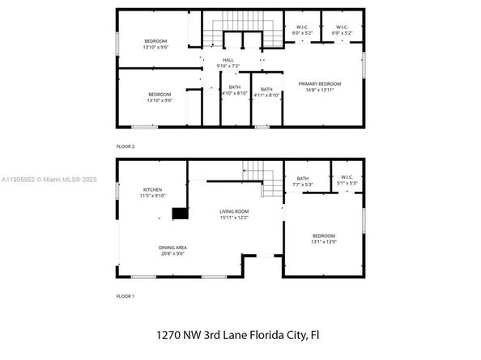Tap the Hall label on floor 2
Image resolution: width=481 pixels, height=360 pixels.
[230, 61]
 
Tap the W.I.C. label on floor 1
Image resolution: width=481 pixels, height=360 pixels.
[347, 180]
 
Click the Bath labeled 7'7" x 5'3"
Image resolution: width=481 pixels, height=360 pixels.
[303, 180]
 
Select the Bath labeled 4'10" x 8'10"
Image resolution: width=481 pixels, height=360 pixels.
[234, 91]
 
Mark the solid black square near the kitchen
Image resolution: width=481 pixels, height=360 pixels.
[179, 214]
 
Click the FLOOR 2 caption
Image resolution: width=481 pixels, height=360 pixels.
[126, 146]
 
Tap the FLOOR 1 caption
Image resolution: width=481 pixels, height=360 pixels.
[126, 297]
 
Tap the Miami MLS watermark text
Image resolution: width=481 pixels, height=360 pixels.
[63, 180]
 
